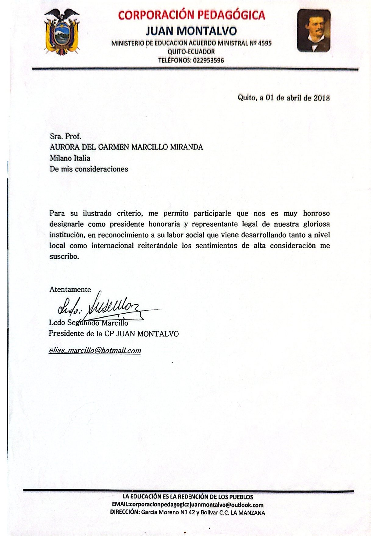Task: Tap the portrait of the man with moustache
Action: (x=314, y=31)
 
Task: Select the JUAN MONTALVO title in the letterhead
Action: (x=191, y=31)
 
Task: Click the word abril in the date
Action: (x=294, y=98)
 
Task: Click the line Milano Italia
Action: (x=70, y=158)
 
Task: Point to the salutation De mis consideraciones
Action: (x=89, y=169)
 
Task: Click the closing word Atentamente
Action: (x=70, y=290)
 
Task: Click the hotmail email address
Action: (x=95, y=350)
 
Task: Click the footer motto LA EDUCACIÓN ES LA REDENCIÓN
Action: (x=187, y=497)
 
